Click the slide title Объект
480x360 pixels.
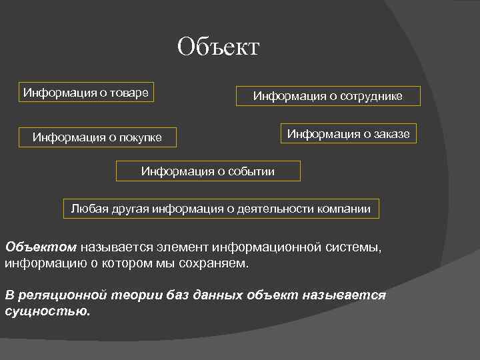tap(218, 47)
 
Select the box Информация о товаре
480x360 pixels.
tap(86, 92)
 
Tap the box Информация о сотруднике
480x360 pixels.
tap(327, 96)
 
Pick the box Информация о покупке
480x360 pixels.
tap(97, 138)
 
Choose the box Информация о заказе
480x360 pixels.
tap(349, 134)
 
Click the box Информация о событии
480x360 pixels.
tap(207, 171)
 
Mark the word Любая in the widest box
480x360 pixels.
tap(87, 209)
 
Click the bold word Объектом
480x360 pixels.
tap(41, 247)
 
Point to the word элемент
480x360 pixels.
tap(184, 247)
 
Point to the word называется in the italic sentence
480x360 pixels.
tap(347, 295)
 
